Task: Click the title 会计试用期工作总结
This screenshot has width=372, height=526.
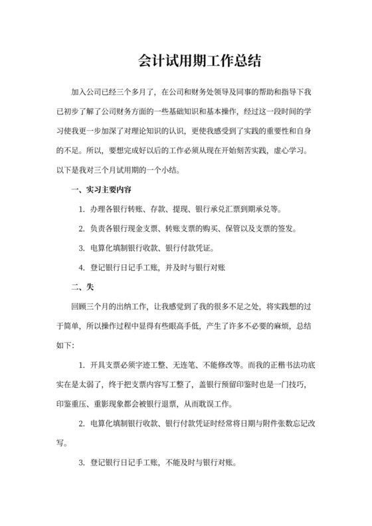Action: click(x=185, y=62)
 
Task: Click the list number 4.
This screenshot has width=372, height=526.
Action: click(x=81, y=268)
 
